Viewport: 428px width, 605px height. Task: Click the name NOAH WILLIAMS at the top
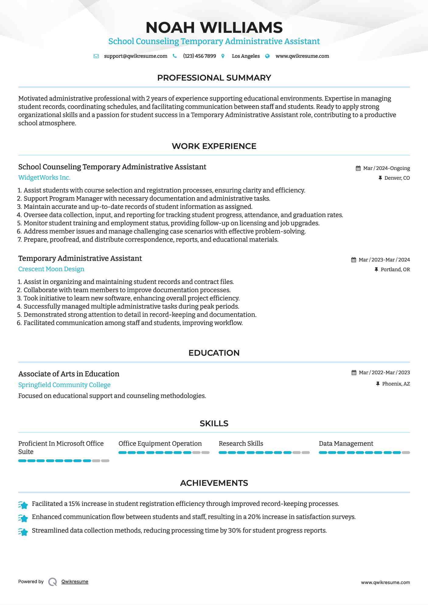(214, 27)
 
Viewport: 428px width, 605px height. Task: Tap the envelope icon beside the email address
(96, 56)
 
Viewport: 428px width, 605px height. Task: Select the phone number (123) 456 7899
(199, 56)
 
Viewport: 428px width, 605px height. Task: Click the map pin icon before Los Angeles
(223, 56)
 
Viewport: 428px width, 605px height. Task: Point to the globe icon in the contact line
(267, 56)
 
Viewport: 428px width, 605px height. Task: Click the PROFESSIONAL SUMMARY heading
(214, 78)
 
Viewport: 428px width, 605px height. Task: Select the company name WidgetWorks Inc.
(44, 178)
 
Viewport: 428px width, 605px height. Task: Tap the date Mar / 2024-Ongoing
(386, 168)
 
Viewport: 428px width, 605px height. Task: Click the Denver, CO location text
(397, 178)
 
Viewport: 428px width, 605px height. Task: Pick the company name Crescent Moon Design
(51, 269)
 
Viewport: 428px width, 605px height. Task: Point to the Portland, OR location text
(395, 270)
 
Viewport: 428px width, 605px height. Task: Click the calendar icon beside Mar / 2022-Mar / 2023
(354, 373)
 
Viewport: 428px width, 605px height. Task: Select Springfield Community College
(64, 385)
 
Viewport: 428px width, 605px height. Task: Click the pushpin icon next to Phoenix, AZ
(378, 384)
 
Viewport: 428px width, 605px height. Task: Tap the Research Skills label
(241, 444)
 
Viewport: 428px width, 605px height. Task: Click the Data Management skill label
(346, 444)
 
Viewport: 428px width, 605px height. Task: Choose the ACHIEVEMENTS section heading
(214, 483)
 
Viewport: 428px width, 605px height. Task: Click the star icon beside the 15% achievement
(23, 504)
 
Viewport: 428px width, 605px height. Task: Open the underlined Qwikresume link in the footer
(75, 582)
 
